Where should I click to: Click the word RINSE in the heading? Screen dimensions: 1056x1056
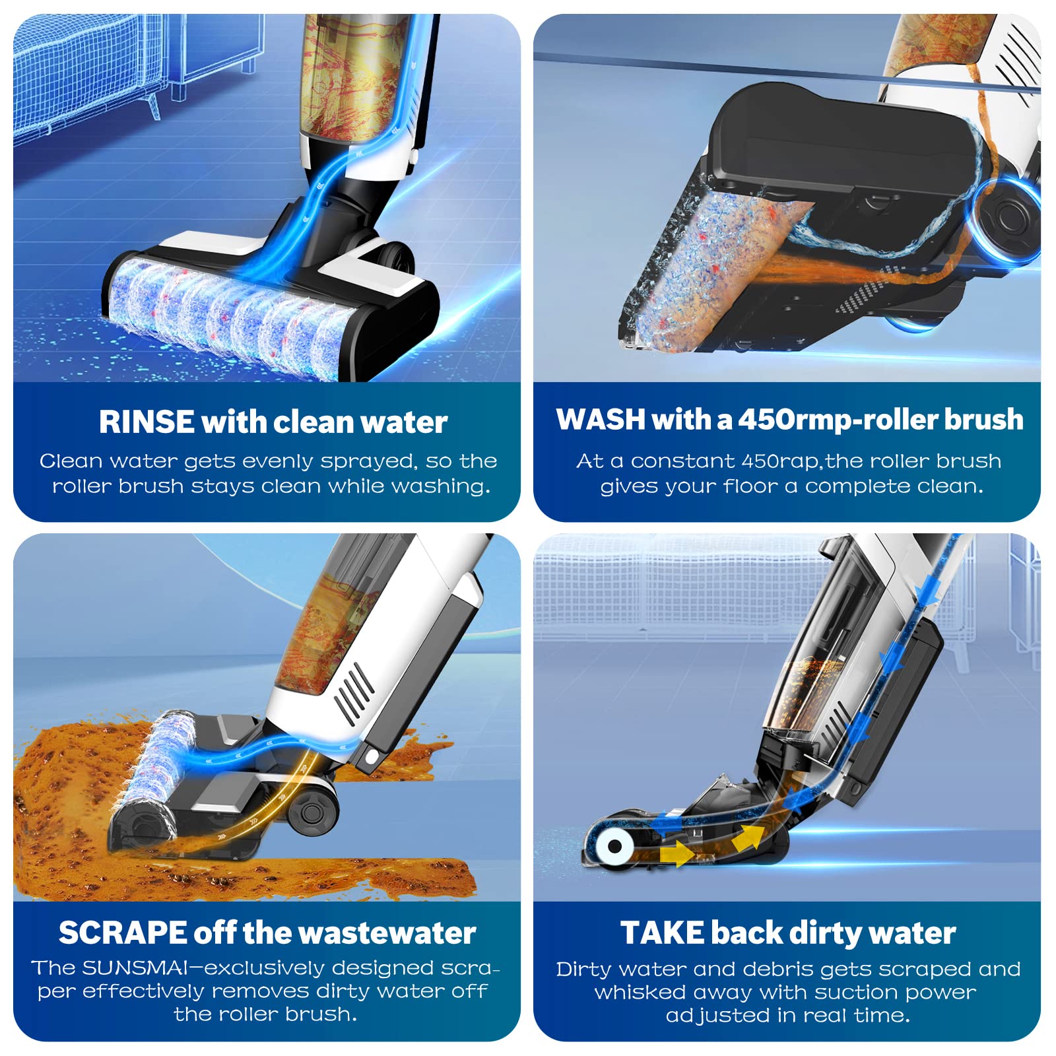click(147, 422)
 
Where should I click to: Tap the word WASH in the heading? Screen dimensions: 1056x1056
click(600, 419)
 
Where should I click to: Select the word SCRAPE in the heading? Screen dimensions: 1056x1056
click(123, 933)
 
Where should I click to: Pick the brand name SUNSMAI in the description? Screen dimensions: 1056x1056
click(135, 968)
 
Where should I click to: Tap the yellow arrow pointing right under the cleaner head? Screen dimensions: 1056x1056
click(676, 855)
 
